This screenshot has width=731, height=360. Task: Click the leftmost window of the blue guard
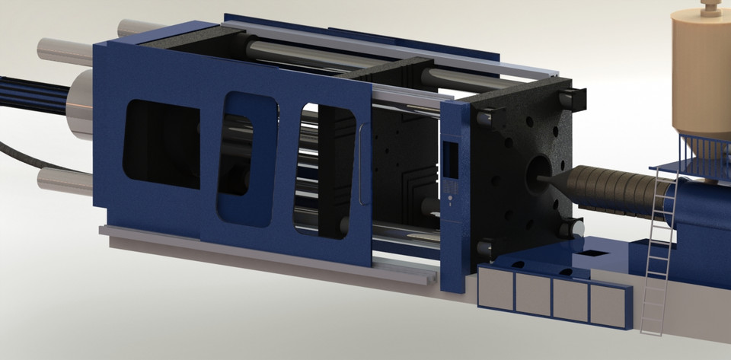(x=161, y=145)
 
